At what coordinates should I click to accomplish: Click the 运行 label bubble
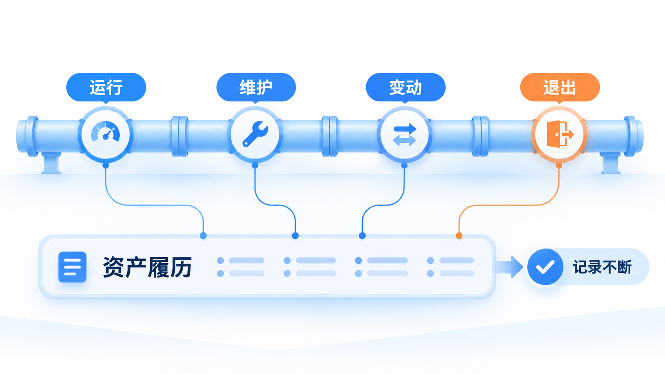pyautogui.click(x=106, y=87)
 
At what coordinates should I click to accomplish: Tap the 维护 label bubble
pyautogui.click(x=256, y=87)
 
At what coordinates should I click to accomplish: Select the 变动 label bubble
pyautogui.click(x=406, y=87)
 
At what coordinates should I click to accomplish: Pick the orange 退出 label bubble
pyautogui.click(x=560, y=87)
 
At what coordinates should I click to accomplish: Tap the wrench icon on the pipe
pyautogui.click(x=255, y=134)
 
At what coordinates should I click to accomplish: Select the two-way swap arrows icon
pyautogui.click(x=404, y=135)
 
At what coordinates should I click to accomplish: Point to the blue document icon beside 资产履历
pyautogui.click(x=72, y=267)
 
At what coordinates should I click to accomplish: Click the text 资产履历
pyautogui.click(x=147, y=267)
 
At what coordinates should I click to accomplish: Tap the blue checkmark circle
pyautogui.click(x=545, y=267)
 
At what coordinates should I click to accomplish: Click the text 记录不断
pyautogui.click(x=603, y=267)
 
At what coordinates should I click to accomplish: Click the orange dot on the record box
pyautogui.click(x=459, y=236)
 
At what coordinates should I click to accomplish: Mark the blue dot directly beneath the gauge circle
pyautogui.click(x=105, y=165)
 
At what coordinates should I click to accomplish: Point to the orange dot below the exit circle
pyautogui.click(x=559, y=165)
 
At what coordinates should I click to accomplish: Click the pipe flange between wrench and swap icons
pyautogui.click(x=330, y=136)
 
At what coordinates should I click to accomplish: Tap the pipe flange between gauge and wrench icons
pyautogui.click(x=180, y=136)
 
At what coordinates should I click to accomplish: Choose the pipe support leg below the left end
pyautogui.click(x=51, y=163)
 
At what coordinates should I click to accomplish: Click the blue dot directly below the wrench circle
pyautogui.click(x=255, y=165)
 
